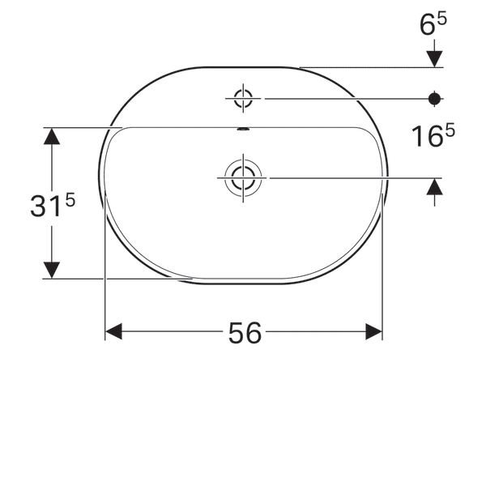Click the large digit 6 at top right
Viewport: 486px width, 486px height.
pyautogui.click(x=426, y=25)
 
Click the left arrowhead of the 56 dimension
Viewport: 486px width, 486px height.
pyautogui.click(x=113, y=331)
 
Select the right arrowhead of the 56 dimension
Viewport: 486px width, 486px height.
pyautogui.click(x=374, y=331)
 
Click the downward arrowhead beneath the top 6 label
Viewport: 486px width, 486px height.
pyautogui.click(x=435, y=58)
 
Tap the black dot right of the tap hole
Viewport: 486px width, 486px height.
pyautogui.click(x=435, y=99)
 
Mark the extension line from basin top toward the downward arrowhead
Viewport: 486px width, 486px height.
pyautogui.click(x=364, y=67)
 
